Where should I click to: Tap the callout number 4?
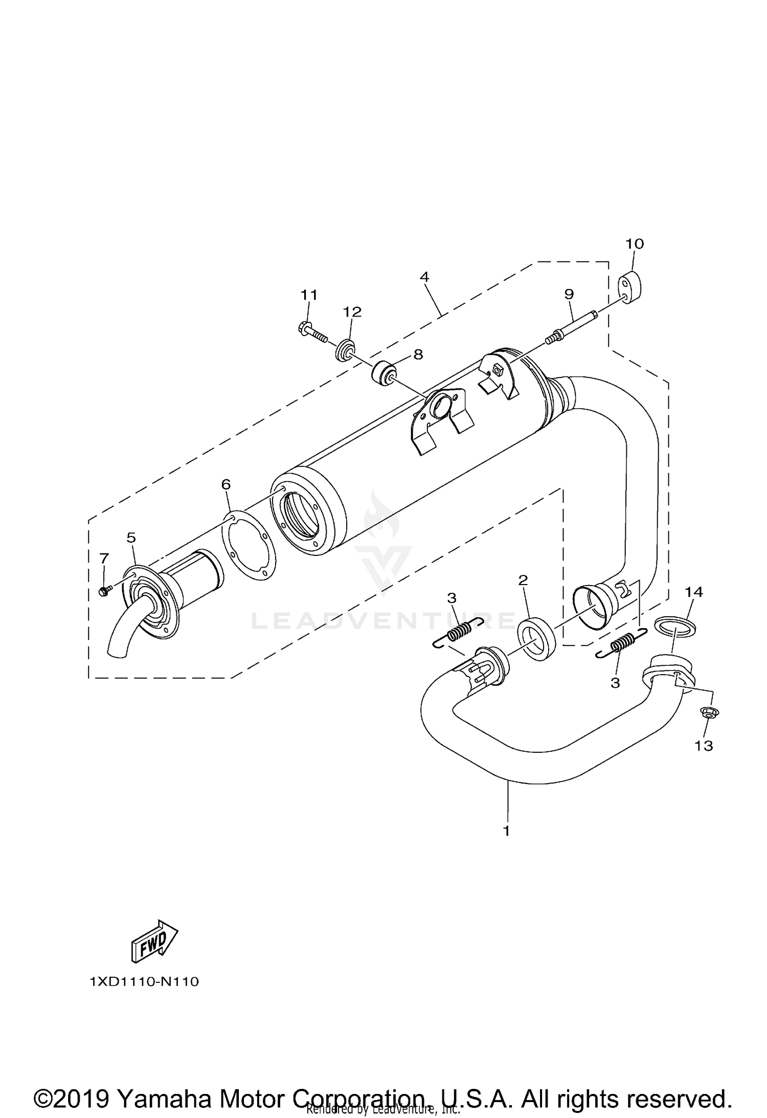pos(424,277)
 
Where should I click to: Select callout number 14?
pos(694,592)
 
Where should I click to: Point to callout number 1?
pos(506,831)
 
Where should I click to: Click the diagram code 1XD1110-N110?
pos(144,982)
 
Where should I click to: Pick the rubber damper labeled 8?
pos(384,372)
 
